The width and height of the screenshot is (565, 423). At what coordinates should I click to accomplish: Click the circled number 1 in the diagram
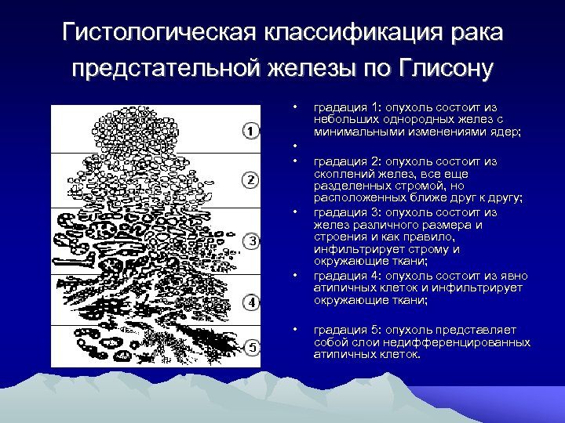click(x=250, y=130)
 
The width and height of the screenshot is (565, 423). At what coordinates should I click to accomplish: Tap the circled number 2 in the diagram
click(x=250, y=181)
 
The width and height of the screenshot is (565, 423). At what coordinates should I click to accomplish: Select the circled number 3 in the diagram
click(x=251, y=240)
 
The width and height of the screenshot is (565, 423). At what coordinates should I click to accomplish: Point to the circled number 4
click(x=250, y=302)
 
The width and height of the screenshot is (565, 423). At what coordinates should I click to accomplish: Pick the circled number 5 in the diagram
click(x=250, y=346)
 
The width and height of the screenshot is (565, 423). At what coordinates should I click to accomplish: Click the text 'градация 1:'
click(x=340, y=107)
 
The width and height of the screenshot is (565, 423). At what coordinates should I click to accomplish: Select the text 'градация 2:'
click(x=340, y=161)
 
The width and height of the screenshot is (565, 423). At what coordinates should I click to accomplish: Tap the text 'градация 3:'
click(x=340, y=211)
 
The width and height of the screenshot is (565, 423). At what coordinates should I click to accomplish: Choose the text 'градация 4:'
click(x=340, y=275)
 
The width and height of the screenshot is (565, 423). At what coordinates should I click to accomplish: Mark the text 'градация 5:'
click(x=340, y=331)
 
